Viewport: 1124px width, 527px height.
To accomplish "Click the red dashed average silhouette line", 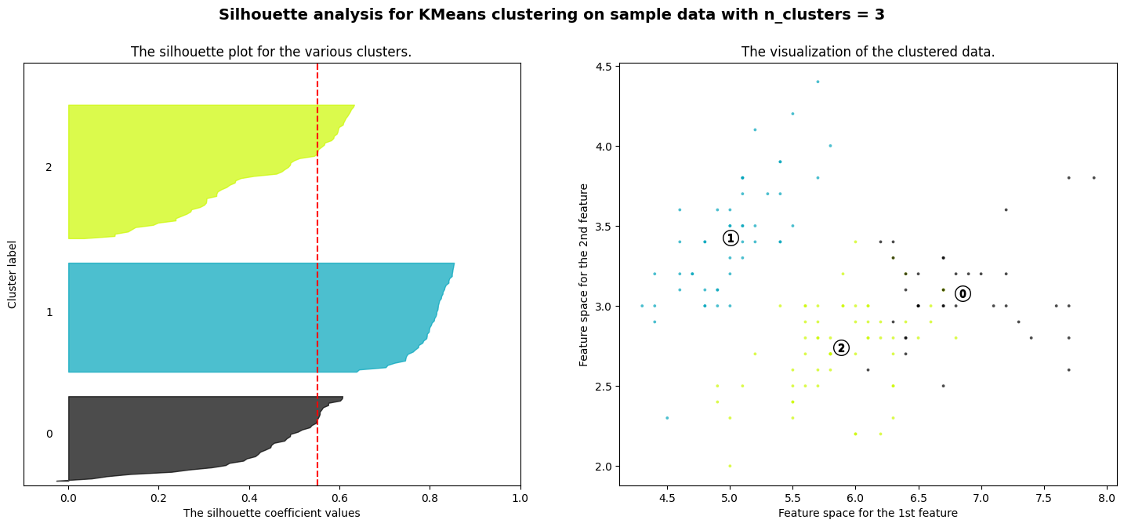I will tap(317, 235).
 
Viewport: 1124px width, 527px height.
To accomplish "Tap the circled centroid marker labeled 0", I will tap(963, 293).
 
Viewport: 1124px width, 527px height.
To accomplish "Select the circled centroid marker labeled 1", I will tap(731, 238).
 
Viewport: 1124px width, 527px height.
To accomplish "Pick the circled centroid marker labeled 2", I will tap(841, 347).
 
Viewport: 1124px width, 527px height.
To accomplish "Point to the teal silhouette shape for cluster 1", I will tap(235, 318).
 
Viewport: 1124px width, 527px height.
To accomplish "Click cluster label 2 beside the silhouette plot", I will tap(49, 167).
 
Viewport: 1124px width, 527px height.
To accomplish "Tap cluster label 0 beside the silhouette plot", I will tap(49, 434).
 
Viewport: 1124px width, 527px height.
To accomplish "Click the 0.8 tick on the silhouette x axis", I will tap(430, 497).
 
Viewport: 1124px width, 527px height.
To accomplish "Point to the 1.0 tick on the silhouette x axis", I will tap(520, 497).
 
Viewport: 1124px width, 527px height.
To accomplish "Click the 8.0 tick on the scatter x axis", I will tap(1106, 497).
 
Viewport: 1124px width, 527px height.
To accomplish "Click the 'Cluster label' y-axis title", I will tap(13, 274).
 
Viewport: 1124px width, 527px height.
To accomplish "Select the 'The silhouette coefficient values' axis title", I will tap(271, 513).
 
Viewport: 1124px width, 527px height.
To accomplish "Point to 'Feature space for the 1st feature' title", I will tap(868, 513).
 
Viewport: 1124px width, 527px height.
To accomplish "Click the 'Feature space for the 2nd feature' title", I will tap(584, 274).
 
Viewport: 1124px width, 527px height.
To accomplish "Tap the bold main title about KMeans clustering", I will tap(551, 14).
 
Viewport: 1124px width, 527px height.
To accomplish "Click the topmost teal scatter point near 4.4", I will tap(818, 82).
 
